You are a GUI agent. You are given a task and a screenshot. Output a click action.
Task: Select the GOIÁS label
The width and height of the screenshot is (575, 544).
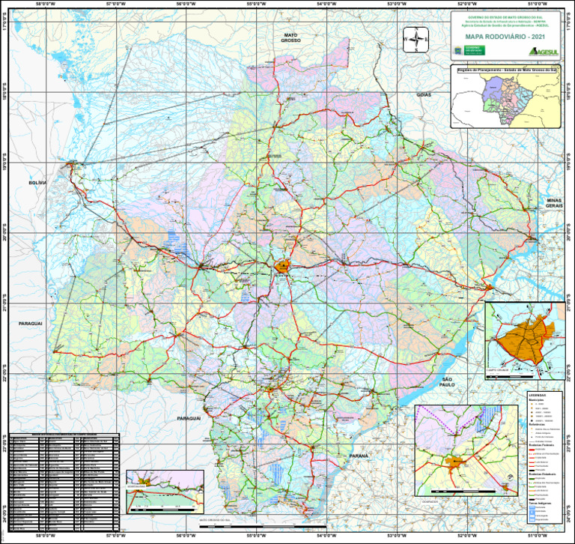pos(424,95)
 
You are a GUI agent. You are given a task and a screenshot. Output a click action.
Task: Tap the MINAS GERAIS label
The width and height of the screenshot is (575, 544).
pos(554,203)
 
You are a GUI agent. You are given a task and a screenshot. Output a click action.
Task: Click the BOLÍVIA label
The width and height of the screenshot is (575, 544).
pos(37,182)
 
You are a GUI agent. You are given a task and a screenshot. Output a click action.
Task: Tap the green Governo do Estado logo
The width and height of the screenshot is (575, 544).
pos(475,49)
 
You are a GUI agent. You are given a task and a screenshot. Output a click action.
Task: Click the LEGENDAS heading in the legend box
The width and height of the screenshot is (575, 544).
pos(538,395)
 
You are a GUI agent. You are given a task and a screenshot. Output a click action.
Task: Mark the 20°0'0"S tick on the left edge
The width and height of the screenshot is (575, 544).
pos(4,234)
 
